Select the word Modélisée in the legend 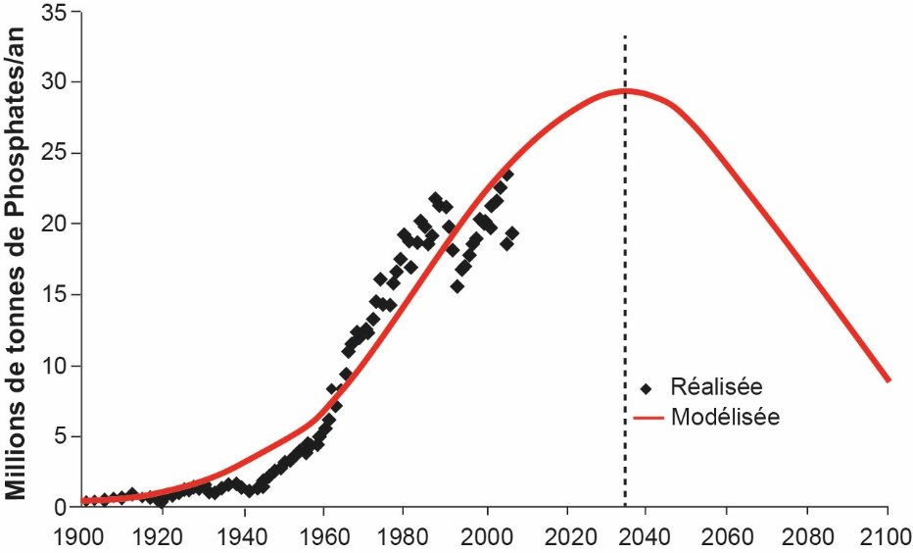(725, 417)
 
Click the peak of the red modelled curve (624, 91)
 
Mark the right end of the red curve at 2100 (888, 379)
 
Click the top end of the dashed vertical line (625, 36)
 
